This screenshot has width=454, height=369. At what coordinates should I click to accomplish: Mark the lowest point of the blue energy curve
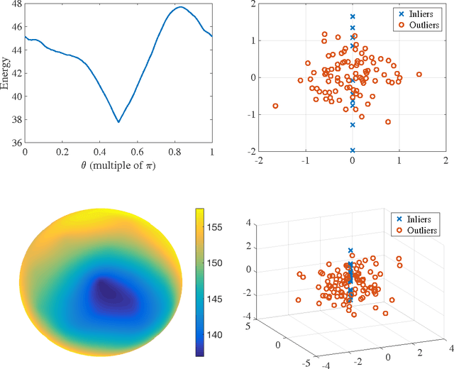click(x=118, y=122)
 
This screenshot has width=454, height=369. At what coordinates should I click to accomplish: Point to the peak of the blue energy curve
click(x=181, y=7)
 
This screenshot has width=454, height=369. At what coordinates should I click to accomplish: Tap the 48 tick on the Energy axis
click(x=16, y=4)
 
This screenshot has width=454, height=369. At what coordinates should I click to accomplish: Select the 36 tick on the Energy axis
click(x=16, y=143)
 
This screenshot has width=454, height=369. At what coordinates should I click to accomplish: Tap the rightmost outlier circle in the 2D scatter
click(x=419, y=74)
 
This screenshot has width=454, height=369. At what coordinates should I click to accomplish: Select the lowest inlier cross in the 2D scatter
click(x=353, y=150)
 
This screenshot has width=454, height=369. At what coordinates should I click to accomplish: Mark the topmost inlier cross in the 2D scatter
click(x=353, y=16)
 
